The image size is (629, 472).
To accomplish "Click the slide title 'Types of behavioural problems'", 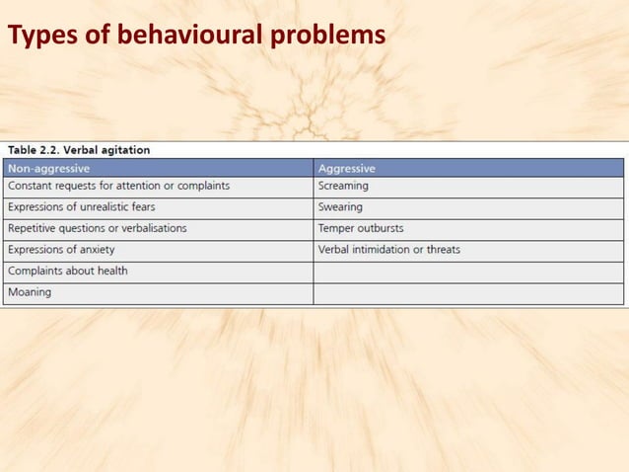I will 196,36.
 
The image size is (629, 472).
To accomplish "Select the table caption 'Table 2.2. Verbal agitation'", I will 79,150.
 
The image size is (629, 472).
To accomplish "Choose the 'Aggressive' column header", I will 346,168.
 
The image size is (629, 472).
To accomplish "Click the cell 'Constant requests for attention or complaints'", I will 118,186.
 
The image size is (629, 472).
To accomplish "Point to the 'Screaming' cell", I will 343,186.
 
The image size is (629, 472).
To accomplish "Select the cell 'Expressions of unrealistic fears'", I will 82,207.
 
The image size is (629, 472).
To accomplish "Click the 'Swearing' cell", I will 340,207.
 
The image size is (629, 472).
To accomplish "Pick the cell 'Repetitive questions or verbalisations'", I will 98,228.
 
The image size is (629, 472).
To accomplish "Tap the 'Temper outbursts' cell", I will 360,228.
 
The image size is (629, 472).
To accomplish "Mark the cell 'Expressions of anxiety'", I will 63,250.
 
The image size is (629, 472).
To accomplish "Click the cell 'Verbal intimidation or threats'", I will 388,250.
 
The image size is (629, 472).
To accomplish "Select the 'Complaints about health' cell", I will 68,271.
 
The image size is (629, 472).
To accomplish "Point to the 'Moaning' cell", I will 30,292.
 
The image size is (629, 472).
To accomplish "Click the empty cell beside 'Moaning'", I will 468,292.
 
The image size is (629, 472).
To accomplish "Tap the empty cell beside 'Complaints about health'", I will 468,271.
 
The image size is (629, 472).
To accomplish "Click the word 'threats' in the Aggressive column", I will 441,250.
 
